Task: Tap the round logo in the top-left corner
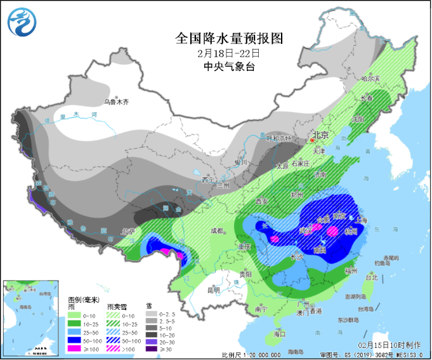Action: pyautogui.click(x=22, y=23)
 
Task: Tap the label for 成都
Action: pyautogui.click(x=218, y=230)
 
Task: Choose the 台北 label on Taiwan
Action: pyautogui.click(x=372, y=277)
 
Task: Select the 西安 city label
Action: pyautogui.click(x=263, y=201)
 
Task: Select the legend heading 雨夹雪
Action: pyautogui.click(x=114, y=306)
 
